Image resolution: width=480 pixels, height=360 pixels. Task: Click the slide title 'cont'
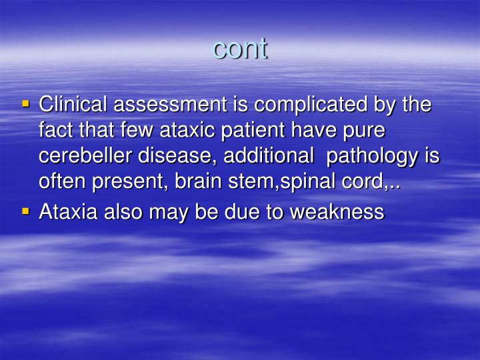point(240,49)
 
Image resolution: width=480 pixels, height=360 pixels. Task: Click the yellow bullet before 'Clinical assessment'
point(26,105)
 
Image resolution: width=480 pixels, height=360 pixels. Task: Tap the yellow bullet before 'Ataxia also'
point(26,211)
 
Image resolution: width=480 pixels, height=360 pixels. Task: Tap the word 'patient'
point(263,131)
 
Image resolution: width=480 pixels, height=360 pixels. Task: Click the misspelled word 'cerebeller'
point(87,157)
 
